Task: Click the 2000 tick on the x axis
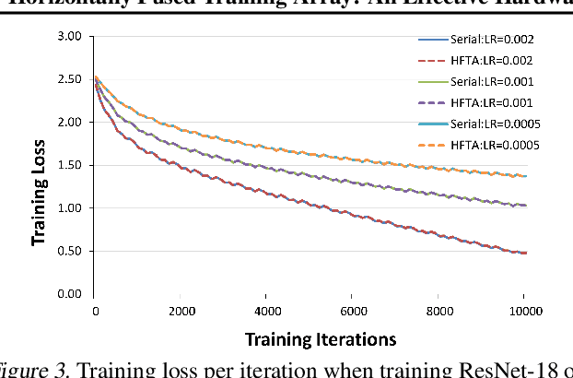pyautogui.click(x=180, y=312)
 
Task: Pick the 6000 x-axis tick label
pyautogui.click(x=351, y=312)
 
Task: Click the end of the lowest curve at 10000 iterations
pyautogui.click(x=525, y=253)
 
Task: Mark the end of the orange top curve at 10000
pyautogui.click(x=525, y=176)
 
